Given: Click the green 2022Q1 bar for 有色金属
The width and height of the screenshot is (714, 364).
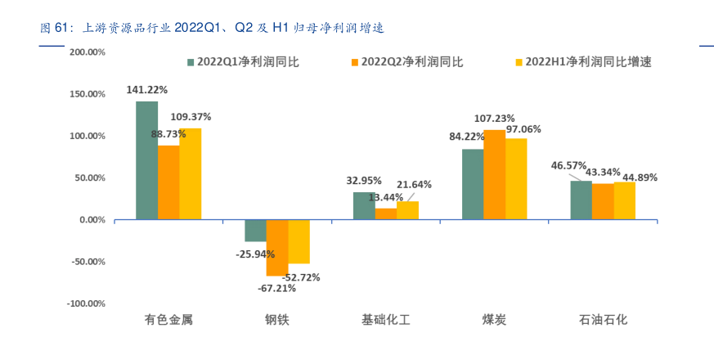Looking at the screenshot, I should pos(146,160).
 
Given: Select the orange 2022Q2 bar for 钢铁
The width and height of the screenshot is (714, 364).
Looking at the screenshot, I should pos(277,247).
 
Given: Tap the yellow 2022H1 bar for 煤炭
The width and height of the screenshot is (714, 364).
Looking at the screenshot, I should pos(516,179).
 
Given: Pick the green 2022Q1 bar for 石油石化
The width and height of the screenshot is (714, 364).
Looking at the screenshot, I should pos(581,200).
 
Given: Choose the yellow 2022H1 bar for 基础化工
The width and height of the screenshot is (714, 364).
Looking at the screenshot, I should pos(407,211).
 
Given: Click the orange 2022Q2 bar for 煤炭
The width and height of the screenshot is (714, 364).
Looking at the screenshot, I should pos(494,175).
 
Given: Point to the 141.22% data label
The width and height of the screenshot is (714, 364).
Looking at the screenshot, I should pos(146,90).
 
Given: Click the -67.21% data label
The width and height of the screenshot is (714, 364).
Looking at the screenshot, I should pos(277,288).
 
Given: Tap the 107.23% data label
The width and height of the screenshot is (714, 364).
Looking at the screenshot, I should pos(494,118).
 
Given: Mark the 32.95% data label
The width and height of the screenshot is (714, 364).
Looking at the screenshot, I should pos(364,181).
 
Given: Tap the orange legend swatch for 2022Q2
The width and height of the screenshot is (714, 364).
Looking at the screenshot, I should pos(355,61).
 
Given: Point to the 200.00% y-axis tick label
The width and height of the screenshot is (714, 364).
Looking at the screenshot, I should pos(88,52).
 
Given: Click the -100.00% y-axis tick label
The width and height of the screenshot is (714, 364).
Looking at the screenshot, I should pos(86,303).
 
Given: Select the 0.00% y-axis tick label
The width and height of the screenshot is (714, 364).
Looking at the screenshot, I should pos(91,220).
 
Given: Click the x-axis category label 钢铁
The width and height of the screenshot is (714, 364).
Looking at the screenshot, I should pos(277,320).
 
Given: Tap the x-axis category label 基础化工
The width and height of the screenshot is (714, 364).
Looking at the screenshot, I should pos(385,320).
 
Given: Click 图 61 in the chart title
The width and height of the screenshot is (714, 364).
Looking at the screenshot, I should pos(52,29).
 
